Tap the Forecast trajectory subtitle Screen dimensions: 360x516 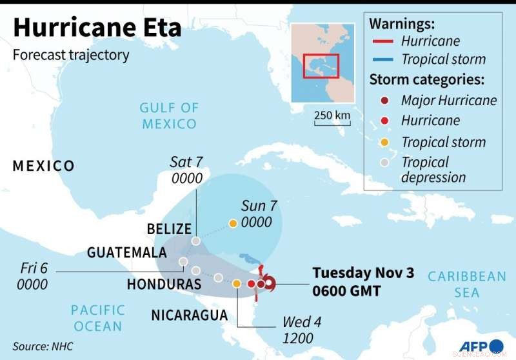click(71, 55)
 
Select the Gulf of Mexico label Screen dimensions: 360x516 click(169, 115)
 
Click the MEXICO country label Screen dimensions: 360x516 click(44, 166)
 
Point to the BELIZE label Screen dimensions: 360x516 click(169, 229)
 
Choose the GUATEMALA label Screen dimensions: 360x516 click(127, 253)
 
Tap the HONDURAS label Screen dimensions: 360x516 click(164, 284)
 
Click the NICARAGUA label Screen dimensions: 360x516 click(189, 315)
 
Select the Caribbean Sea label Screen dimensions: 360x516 click(467, 285)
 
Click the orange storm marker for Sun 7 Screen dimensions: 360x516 click(232, 224)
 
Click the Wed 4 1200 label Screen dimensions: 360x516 click(297, 330)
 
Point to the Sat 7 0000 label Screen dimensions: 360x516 click(186, 170)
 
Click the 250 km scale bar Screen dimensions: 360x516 click(333, 120)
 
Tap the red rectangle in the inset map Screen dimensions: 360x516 click(321, 66)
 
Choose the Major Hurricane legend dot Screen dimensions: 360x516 click(384, 100)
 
